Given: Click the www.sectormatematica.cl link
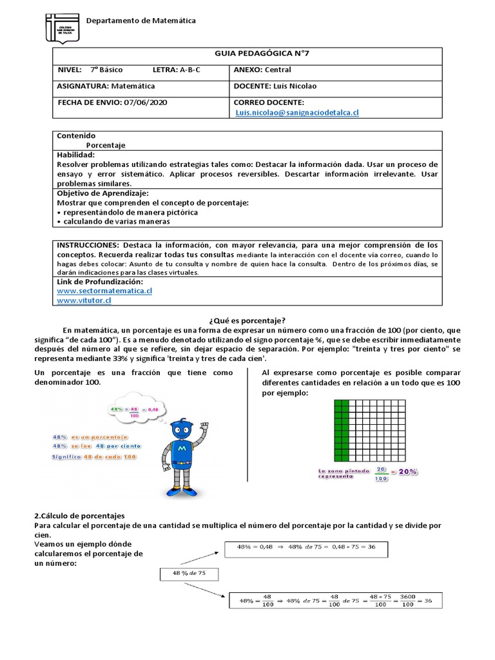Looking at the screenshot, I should click(x=104, y=291).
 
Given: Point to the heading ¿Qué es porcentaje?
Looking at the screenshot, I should click(x=247, y=320).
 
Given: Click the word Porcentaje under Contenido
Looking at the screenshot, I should click(x=106, y=146).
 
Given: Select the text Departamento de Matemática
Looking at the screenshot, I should click(x=141, y=21).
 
